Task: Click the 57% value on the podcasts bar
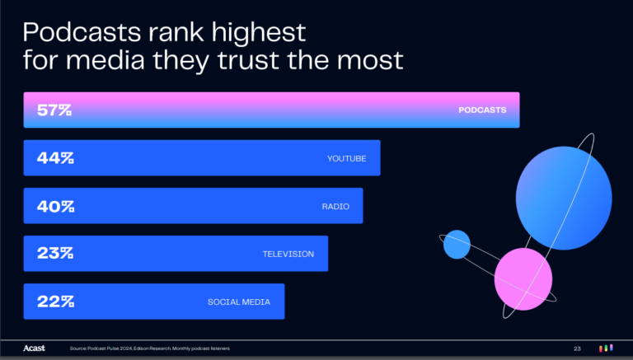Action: point(54,110)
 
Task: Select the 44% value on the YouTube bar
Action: point(55,157)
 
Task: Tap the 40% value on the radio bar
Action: point(55,206)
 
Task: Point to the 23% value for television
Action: point(55,254)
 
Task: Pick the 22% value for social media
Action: point(55,302)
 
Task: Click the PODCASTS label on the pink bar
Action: point(482,110)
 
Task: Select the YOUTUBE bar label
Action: point(347,157)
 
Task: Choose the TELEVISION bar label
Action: point(288,254)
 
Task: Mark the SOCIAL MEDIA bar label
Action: point(239,302)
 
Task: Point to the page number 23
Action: point(577,349)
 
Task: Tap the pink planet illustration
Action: point(523,278)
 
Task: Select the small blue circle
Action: point(457,244)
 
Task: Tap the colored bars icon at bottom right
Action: point(605,349)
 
